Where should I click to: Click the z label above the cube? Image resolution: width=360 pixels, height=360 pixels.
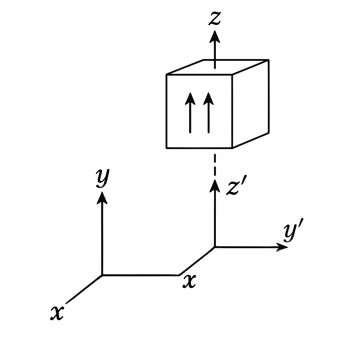tap(215, 18)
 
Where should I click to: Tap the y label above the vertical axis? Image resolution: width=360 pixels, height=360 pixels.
tap(103, 178)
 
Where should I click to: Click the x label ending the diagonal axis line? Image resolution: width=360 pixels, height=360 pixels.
tap(57, 313)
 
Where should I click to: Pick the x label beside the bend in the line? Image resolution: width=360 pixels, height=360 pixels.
tap(189, 281)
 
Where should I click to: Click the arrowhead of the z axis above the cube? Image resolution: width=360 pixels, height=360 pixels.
tap(215, 37)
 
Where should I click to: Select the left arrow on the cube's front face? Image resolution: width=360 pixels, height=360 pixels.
tap(190, 112)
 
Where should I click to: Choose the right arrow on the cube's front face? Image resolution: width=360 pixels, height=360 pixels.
tap(208, 112)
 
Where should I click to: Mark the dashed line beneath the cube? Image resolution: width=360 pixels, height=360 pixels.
tap(215, 165)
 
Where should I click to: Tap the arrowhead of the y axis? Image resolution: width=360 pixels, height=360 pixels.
tap(102, 198)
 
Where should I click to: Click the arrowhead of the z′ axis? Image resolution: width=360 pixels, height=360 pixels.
tap(215, 186)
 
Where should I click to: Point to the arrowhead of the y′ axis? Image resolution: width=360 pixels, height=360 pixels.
tap(282, 247)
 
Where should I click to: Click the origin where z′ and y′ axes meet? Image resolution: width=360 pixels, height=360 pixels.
tap(215, 247)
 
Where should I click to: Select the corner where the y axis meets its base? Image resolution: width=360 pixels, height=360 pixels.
tap(102, 275)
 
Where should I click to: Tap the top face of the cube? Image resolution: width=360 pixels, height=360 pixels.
tap(217, 67)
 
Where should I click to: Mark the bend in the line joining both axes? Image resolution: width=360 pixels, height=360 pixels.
tap(179, 275)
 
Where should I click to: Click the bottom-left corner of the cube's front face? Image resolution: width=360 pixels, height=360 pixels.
tap(167, 148)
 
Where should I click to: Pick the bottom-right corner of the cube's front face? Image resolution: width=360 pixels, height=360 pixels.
tap(232, 148)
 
